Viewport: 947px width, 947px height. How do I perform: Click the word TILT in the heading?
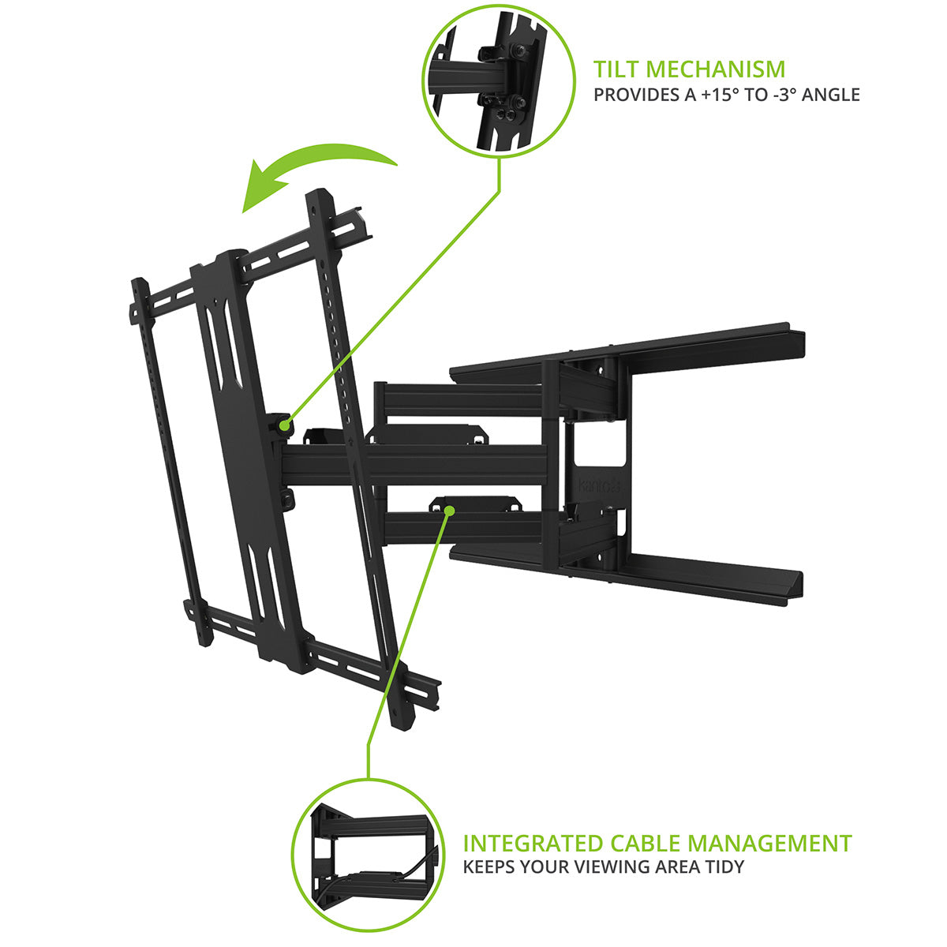pos(619,69)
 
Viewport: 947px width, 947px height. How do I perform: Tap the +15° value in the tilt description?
pos(702,95)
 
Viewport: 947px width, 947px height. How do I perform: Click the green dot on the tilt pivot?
pos(283,425)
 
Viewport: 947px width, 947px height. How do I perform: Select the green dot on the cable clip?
pos(449,511)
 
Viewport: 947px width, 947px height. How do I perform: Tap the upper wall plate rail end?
pos(793,339)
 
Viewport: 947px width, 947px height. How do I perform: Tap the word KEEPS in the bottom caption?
pos(486,867)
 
